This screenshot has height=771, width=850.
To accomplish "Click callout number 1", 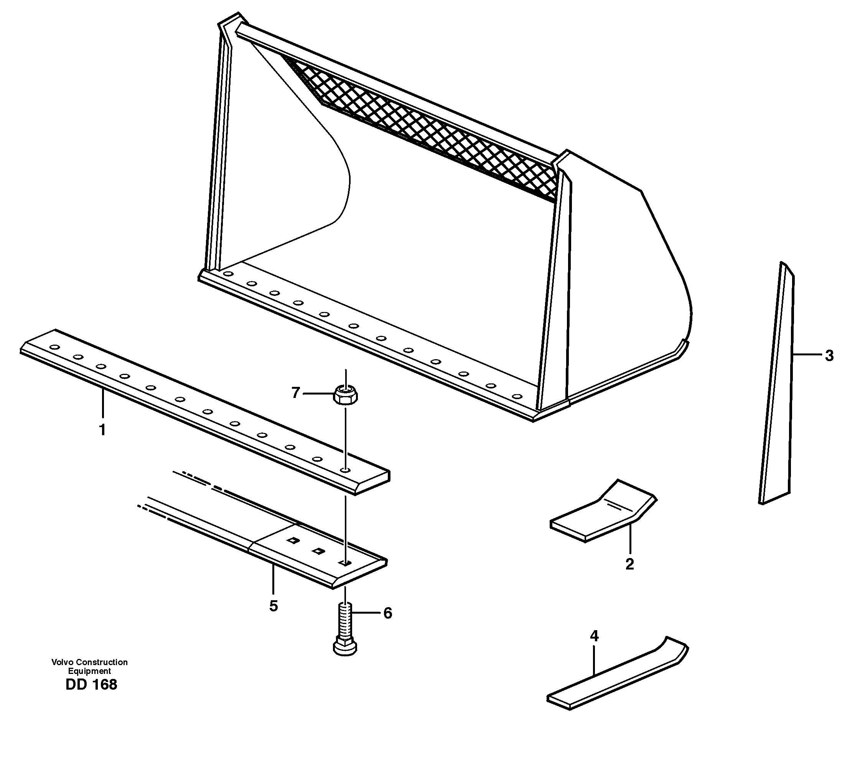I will click(102, 430).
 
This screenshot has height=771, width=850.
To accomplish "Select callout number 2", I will click(629, 564).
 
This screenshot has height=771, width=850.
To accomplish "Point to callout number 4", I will click(594, 636).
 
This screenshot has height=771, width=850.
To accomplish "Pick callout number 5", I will click(273, 606).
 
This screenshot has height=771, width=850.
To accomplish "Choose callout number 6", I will click(387, 613).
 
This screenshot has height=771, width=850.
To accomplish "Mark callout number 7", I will click(295, 393).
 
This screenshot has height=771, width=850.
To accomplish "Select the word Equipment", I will click(89, 671).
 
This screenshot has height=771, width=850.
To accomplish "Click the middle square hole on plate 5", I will click(318, 550).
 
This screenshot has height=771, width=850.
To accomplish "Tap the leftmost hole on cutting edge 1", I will click(54, 347).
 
